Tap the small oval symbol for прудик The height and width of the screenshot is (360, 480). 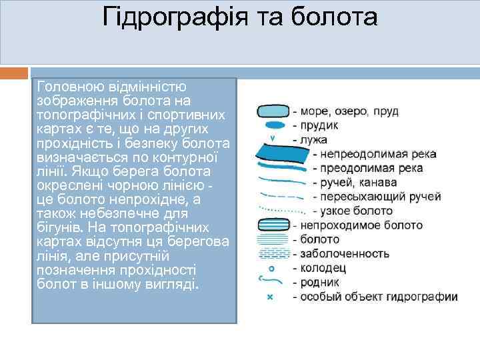pos(272,125)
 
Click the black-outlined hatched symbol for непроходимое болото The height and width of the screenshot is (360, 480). pos(273,225)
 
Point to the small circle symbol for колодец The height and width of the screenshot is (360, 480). pos(271,268)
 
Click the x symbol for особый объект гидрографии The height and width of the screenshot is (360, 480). pos(270,297)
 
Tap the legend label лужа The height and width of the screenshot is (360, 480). pos(315,139)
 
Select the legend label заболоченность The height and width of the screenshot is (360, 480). pos(345,253)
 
